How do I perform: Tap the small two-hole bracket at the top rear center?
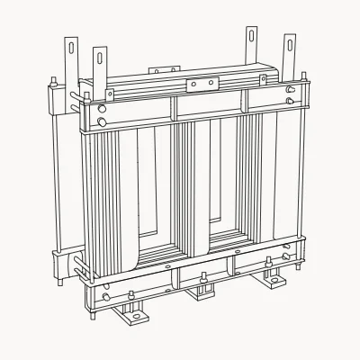163,67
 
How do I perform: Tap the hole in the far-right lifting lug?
290,42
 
